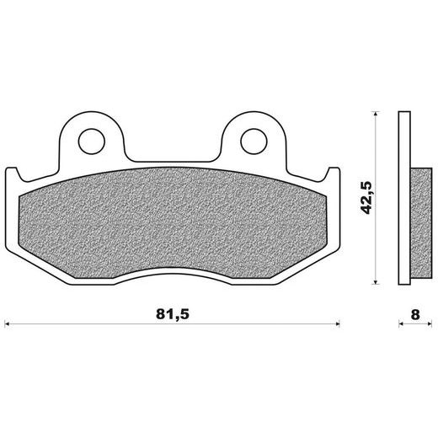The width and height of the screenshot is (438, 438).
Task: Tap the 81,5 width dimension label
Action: point(173,314)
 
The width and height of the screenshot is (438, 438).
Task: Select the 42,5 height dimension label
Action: point(366,198)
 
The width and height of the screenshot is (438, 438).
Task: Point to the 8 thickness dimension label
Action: point(415,315)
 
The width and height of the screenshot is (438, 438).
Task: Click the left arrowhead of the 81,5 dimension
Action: point(8,323)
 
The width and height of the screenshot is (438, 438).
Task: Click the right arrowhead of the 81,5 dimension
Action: point(337,323)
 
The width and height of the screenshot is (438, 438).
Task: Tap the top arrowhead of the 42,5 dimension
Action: point(375,114)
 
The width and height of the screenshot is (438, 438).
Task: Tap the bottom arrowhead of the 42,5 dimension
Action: point(375,281)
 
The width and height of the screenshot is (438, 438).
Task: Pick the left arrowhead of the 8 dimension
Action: point(401,323)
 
